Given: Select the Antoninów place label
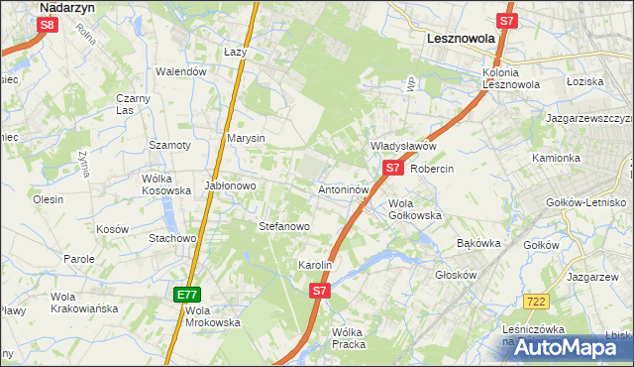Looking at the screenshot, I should tap(344, 188).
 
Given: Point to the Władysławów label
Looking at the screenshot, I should tap(403, 146).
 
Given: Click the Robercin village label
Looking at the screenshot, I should tap(431, 169).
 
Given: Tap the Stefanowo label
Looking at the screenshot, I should tap(284, 226).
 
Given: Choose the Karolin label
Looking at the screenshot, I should tap(315, 266).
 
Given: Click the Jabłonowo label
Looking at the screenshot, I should tap(231, 185).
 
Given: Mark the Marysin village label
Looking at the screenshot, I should tap(246, 138).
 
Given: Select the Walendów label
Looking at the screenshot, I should tap(180, 71).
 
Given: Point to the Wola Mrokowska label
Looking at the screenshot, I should tap(213, 315).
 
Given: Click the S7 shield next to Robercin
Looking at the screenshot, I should tap(392, 169).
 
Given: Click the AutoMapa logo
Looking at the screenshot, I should tap(565, 347).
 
